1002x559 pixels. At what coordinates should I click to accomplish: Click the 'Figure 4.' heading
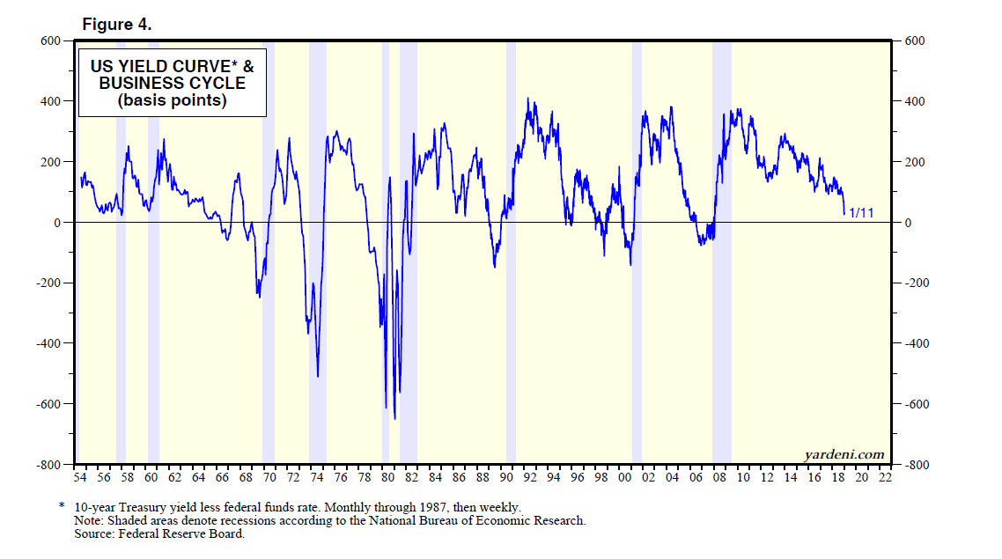click(117, 25)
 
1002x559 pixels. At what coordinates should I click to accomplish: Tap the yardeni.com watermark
click(844, 454)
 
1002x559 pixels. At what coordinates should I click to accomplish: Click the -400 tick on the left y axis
click(46, 343)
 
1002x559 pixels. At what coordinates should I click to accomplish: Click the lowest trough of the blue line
click(394, 418)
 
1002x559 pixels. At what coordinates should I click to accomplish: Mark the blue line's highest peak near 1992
click(527, 99)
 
